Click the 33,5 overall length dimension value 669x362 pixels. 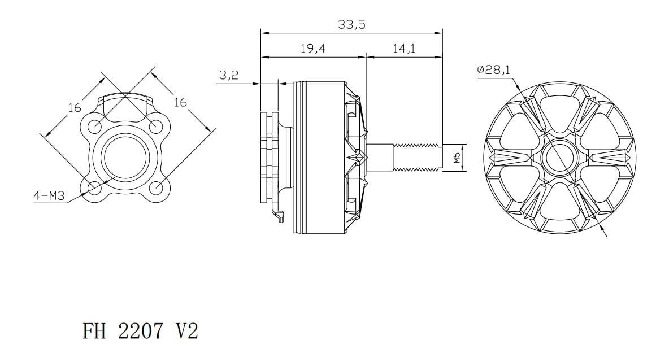(x=351, y=24)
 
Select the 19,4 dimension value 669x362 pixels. (x=312, y=49)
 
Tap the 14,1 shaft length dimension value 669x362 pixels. (x=404, y=49)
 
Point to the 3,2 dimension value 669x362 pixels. (x=229, y=76)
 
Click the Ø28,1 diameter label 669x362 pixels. (x=494, y=69)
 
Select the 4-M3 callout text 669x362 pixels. (x=49, y=196)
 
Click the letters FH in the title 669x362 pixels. (x=94, y=330)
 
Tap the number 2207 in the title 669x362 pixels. (x=140, y=330)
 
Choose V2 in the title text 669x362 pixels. (x=187, y=330)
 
